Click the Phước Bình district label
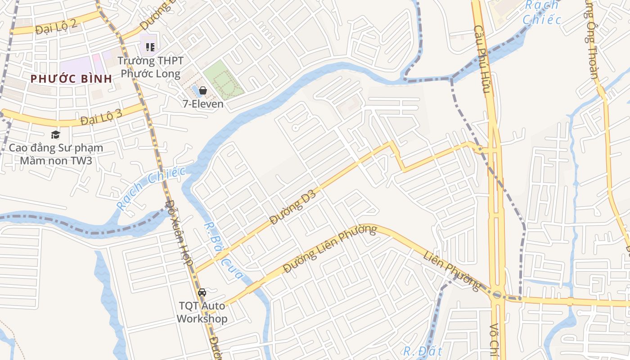click(71, 78)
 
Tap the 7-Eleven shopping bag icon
click(203, 90)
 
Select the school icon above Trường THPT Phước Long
click(150, 47)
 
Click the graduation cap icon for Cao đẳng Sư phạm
click(55, 135)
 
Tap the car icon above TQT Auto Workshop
click(202, 292)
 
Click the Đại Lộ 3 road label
click(101, 118)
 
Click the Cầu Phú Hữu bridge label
click(481, 58)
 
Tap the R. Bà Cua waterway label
click(223, 251)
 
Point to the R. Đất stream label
click(423, 351)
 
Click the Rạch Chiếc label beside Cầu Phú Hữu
click(542, 12)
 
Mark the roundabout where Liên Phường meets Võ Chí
click(497, 295)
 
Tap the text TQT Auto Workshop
click(202, 312)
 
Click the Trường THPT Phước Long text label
click(151, 67)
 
